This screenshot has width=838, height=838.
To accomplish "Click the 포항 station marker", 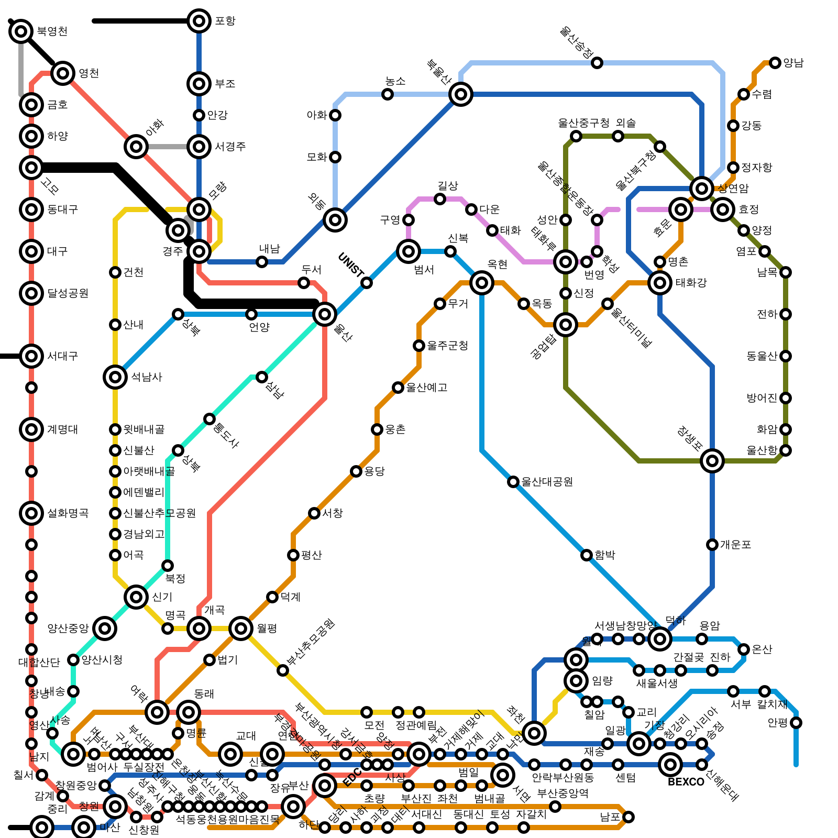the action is point(199,21).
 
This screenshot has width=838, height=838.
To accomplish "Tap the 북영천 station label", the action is point(52,31).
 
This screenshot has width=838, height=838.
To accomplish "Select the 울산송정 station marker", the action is point(597,63).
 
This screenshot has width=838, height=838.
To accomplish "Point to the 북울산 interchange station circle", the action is point(461,94).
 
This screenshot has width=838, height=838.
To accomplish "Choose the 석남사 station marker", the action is point(115,377).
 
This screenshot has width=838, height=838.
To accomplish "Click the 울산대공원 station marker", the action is point(513,482).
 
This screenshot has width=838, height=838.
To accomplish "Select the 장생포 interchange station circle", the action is point(712,461).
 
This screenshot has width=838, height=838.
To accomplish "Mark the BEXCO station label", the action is point(686,782).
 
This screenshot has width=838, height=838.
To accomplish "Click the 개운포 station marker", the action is point(712,545).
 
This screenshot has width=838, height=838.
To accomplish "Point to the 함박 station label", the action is point(605,555).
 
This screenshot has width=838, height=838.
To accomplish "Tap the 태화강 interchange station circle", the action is point(660,283).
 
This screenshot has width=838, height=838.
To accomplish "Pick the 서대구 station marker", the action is point(31,356).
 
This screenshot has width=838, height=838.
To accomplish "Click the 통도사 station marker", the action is point(210,419).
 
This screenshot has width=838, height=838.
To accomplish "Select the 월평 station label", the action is point(267,629).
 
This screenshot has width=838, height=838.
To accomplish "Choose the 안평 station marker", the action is point(796,723).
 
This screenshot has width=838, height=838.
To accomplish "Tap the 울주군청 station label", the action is point(447,346).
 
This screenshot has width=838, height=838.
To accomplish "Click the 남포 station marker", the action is point(629,817).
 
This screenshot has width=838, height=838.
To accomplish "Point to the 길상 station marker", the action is point(440,199).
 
